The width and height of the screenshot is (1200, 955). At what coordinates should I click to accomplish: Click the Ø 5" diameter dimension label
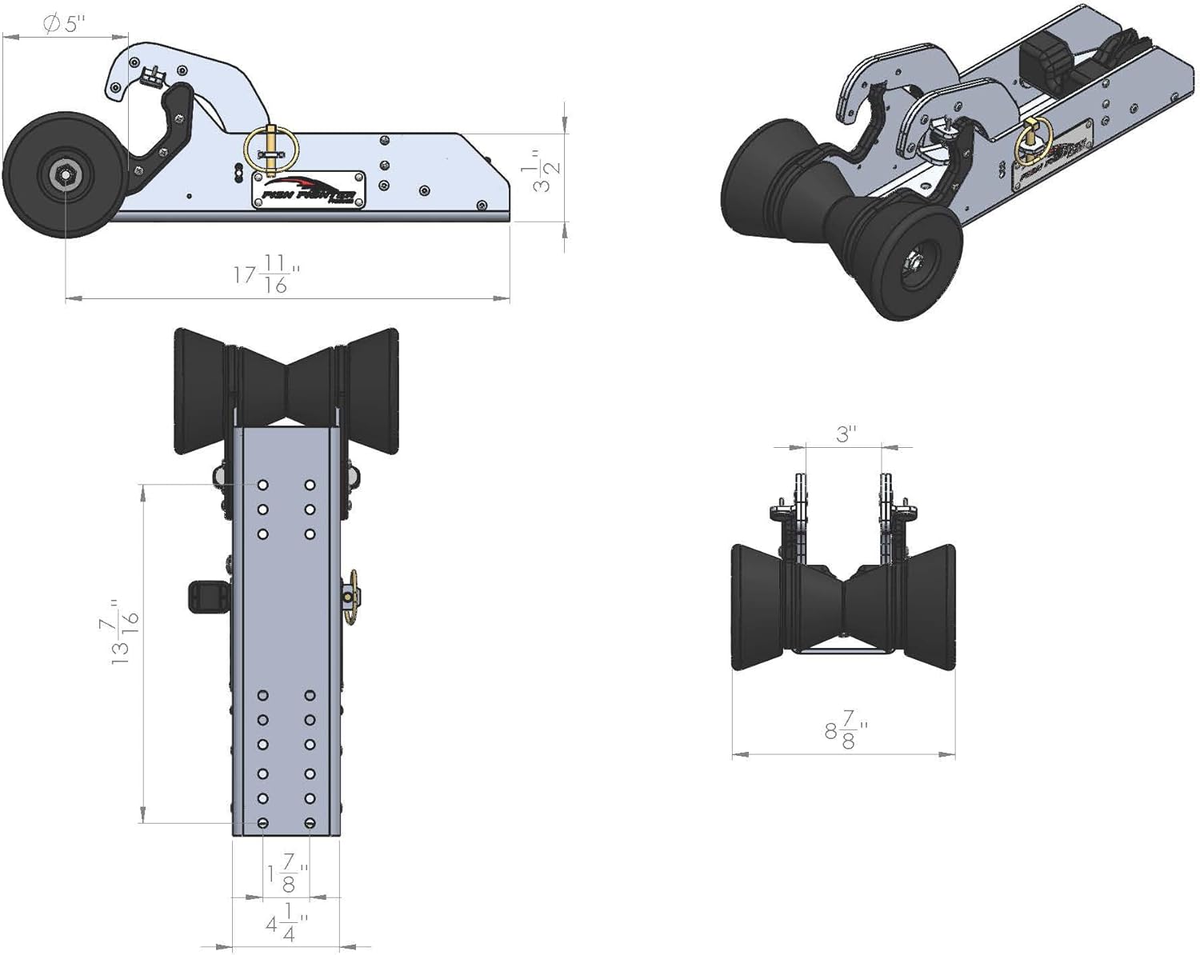[64, 24]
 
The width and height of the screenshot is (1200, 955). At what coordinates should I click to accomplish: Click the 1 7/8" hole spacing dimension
[286, 873]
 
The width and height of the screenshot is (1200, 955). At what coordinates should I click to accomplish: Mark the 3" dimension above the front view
[846, 434]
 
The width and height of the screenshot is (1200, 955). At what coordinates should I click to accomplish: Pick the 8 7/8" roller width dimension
[846, 729]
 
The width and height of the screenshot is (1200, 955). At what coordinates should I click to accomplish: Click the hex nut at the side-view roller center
[63, 174]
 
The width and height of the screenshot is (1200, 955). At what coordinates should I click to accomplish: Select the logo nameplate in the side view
[309, 190]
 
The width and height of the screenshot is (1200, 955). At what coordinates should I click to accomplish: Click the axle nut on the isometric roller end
[913, 260]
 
